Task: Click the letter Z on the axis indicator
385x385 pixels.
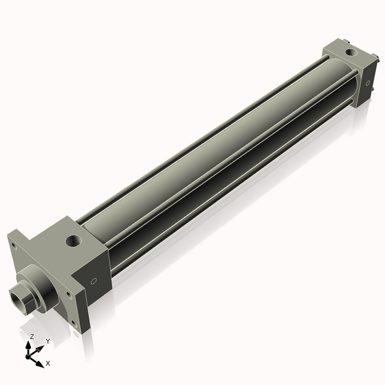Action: (31, 336)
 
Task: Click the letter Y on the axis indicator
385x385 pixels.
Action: (47, 341)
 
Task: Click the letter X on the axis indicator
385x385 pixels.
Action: (48, 363)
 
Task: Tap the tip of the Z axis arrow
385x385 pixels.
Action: (30, 344)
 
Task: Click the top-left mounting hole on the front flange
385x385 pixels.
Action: (12, 244)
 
